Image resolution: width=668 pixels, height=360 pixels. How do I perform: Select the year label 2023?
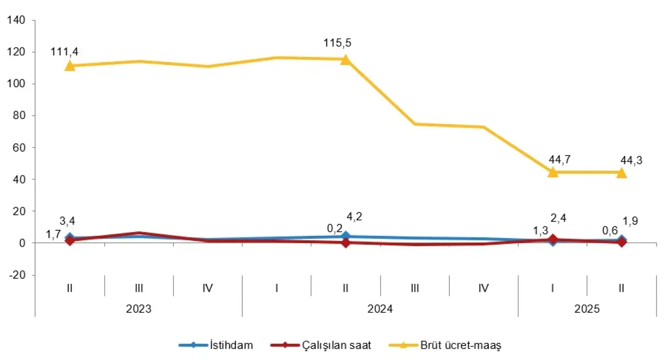coord(139,308)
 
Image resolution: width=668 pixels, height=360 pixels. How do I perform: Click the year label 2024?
coord(380,308)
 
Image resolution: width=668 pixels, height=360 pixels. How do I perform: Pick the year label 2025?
coord(587,308)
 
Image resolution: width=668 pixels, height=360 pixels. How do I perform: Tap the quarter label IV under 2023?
coord(208,287)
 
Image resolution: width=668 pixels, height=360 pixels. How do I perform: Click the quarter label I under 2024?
coord(277,287)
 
